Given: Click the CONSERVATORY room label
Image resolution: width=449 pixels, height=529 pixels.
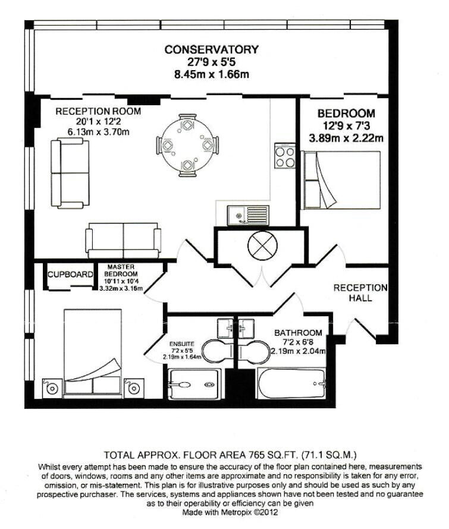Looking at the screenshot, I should tap(212, 49).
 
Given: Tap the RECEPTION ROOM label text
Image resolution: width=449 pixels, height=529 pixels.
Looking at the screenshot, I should tap(98, 111).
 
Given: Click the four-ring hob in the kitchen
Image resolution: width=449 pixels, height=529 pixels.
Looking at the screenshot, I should tap(285, 156).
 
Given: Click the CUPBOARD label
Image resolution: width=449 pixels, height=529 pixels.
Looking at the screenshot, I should tap(70, 275).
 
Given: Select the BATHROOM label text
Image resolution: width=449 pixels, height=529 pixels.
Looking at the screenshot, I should tap(298, 333).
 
